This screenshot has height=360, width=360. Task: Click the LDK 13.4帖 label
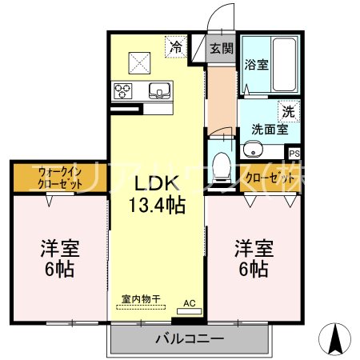click(x=158, y=194)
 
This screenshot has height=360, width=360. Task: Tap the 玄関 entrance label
click(x=222, y=48)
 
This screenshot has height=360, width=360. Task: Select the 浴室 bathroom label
click(x=256, y=64)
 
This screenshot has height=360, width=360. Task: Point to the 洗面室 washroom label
click(x=269, y=128)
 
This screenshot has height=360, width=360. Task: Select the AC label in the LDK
click(x=190, y=303)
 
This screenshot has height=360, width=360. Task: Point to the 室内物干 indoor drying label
click(x=141, y=299)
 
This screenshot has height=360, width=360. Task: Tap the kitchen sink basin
click(x=159, y=90)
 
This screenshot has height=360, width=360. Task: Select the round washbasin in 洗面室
click(x=254, y=148)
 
